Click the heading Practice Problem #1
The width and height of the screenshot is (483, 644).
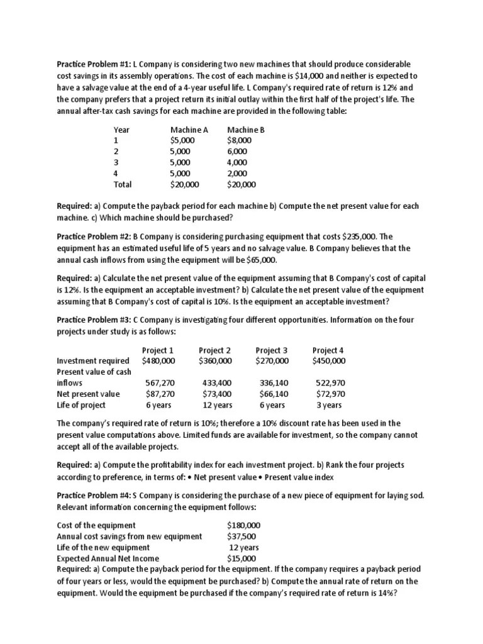94,65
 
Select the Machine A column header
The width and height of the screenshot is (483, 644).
189,130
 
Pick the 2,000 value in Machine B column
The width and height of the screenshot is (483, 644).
237,174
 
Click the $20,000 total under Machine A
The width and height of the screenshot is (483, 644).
184,185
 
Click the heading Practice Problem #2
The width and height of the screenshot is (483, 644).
94,236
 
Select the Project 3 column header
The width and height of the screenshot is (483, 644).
272,350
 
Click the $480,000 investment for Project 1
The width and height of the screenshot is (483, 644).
158,361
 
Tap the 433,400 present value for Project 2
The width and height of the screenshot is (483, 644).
217,383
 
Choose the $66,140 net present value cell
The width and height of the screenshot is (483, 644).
273,394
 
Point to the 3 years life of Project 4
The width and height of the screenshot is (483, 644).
329,405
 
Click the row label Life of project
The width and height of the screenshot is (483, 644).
80,405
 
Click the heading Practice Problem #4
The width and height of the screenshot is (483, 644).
94,496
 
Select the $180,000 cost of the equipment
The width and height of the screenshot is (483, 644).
243,525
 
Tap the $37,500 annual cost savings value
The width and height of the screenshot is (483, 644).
241,536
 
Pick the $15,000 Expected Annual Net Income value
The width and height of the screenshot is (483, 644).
241,558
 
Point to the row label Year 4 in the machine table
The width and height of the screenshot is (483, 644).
116,174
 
